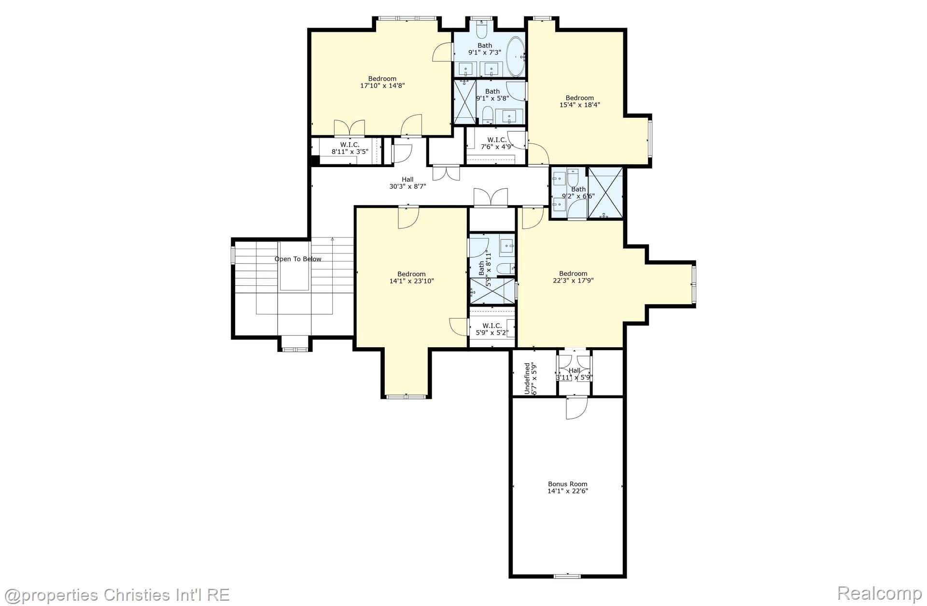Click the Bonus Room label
(568, 484)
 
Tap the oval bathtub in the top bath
(515, 56)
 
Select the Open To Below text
(298, 259)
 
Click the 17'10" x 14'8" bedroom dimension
(382, 86)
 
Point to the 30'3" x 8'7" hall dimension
(407, 186)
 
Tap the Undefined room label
(527, 379)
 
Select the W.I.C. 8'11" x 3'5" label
(350, 148)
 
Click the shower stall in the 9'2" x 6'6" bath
(605, 192)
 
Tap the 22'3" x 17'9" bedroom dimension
(573, 281)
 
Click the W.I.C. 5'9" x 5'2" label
(492, 329)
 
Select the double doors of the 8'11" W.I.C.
(349, 128)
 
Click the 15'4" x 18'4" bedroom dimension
(579, 105)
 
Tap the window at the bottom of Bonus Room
(567, 576)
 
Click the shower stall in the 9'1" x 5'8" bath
(464, 101)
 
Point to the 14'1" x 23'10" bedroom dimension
(411, 281)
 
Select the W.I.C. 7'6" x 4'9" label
(496, 143)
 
